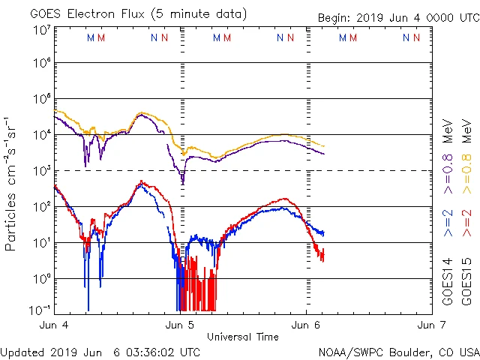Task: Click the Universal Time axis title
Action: (x=242, y=337)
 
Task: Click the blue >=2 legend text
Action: (x=448, y=222)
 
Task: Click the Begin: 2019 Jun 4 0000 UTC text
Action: (x=397, y=18)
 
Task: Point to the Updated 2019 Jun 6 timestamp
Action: (x=100, y=351)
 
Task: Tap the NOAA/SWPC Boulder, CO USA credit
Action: (x=398, y=351)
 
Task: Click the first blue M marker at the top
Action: (x=91, y=37)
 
